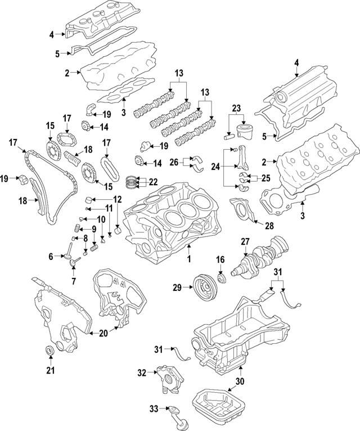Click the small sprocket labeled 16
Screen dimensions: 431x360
[221, 279]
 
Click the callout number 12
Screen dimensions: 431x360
[117, 199]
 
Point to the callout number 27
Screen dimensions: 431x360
[245, 241]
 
